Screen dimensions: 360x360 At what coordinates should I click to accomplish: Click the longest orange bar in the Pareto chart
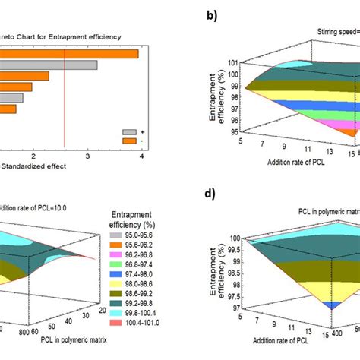click(x=68, y=53)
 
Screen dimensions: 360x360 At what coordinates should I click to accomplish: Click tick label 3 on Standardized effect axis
click(x=88, y=156)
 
